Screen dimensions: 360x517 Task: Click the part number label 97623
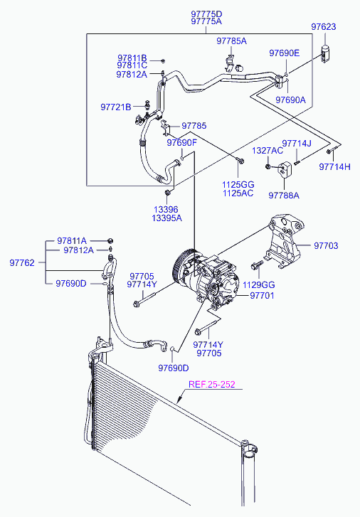(324, 27)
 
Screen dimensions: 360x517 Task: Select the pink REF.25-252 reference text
(212, 385)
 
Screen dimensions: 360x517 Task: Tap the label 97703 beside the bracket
(326, 245)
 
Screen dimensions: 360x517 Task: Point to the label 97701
(262, 295)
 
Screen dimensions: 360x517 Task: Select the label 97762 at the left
(22, 263)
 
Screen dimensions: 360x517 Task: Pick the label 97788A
(284, 196)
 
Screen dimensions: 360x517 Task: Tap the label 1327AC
(268, 151)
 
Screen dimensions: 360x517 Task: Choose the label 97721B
(116, 107)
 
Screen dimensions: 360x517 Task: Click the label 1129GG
(259, 285)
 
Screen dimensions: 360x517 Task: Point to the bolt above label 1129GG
(257, 265)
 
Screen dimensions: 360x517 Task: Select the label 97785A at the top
(232, 41)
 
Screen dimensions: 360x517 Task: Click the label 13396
(166, 209)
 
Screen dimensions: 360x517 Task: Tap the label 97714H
(334, 167)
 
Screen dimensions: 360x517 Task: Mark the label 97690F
(181, 143)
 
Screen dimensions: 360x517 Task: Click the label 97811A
(72, 241)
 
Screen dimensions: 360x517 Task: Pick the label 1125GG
(238, 185)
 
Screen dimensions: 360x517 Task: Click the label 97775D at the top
(206, 14)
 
